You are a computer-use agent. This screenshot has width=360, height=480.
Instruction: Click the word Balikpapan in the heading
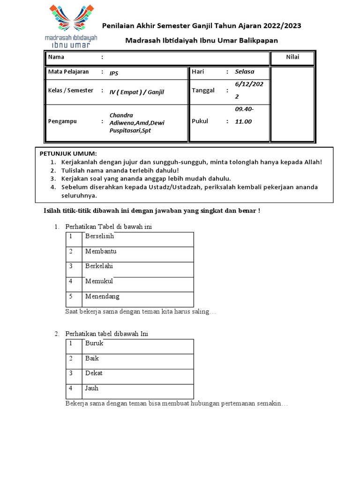pos(259,40)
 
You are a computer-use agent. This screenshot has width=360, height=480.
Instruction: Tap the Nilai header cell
pos(292,57)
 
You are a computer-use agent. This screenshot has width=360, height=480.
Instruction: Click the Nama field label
pos(56,57)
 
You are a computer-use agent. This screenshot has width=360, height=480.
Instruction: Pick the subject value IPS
pos(114,73)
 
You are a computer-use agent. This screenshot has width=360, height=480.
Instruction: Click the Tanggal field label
pos(203,90)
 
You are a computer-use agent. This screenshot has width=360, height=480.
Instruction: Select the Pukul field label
pos(200,121)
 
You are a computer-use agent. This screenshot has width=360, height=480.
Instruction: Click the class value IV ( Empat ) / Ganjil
pos(137,92)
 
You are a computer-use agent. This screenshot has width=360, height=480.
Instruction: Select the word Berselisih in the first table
pos(99,236)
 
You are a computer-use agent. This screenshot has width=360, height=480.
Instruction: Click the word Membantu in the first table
pos(101,251)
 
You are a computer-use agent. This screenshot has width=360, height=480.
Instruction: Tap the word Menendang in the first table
pos(102,296)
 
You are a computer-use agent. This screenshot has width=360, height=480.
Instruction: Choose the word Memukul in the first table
pos(99,281)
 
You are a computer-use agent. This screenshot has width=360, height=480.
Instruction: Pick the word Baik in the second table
pos(92,358)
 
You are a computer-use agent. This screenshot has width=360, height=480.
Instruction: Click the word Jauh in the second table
pos(92,388)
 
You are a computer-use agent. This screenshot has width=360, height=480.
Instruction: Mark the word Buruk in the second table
pos(94,343)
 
